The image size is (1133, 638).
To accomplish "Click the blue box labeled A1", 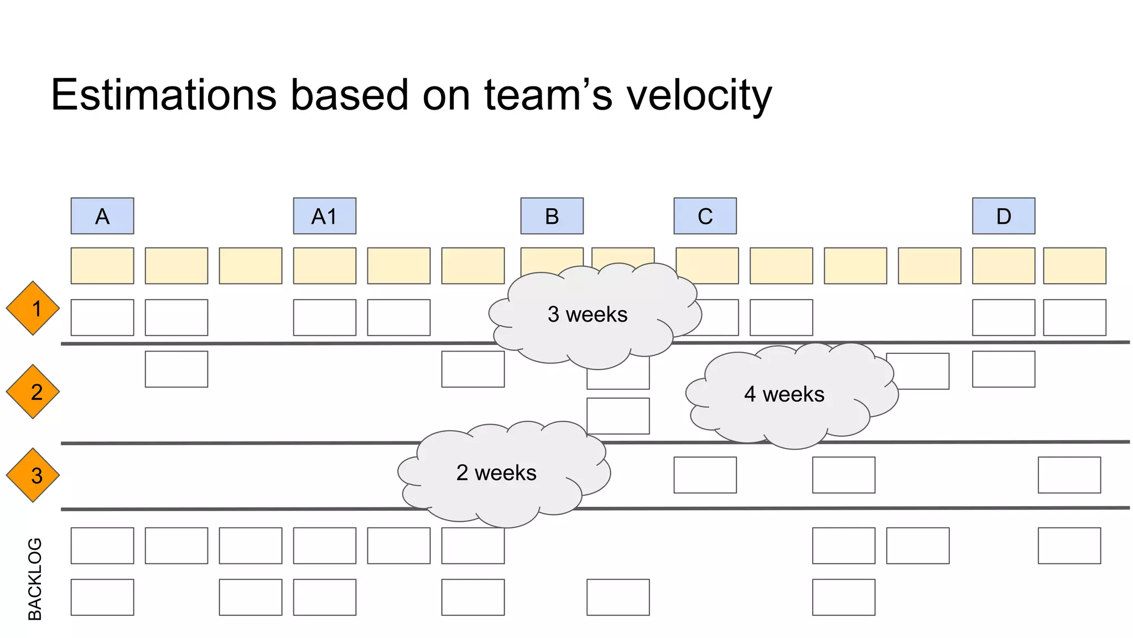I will click(x=324, y=216).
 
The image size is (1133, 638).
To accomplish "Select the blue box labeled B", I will click(x=552, y=216).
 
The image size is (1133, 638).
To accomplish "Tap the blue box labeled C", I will click(x=705, y=216).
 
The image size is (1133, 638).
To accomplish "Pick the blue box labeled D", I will click(x=1004, y=216).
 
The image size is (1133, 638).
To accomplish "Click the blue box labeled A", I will click(x=102, y=216).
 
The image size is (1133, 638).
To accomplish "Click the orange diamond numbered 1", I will click(x=33, y=308).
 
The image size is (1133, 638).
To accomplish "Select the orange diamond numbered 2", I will click(x=33, y=392).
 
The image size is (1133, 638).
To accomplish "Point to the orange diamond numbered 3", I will click(x=33, y=475).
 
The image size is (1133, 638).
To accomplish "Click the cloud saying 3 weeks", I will click(x=588, y=315).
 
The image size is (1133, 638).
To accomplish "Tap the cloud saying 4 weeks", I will click(x=784, y=394).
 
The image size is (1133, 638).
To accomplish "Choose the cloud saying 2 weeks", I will click(x=496, y=473).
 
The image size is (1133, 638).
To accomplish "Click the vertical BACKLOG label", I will click(x=35, y=579).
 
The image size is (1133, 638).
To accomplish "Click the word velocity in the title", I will click(x=698, y=95).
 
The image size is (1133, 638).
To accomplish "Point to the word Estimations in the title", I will click(x=164, y=95).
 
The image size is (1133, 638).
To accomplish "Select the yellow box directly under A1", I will click(x=324, y=266).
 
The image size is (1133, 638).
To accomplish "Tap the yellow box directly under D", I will click(x=1004, y=266).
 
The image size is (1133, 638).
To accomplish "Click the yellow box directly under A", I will click(x=102, y=266).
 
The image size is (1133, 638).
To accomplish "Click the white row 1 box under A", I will click(x=102, y=317).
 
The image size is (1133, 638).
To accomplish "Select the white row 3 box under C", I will click(x=705, y=475).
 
